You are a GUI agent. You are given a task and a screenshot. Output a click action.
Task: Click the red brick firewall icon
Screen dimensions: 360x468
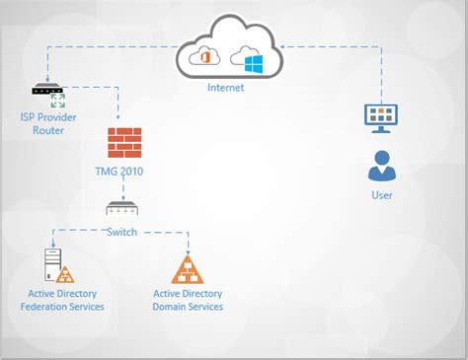pyautogui.click(x=124, y=144)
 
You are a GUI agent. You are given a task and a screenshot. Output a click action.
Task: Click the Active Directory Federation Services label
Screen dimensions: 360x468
pyautogui.click(x=62, y=300)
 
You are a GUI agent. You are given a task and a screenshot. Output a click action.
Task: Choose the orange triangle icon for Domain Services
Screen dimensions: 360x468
pyautogui.click(x=188, y=268)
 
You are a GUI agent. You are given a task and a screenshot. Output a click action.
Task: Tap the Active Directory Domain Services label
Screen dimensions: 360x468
pyautogui.click(x=188, y=300)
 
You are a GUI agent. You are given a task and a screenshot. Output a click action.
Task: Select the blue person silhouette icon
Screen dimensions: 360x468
pyautogui.click(x=381, y=166)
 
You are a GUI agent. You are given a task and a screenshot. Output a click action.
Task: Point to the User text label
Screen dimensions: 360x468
pyautogui.click(x=381, y=195)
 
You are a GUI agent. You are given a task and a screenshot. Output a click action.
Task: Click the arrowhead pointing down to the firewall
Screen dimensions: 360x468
pyautogui.click(x=118, y=122)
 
